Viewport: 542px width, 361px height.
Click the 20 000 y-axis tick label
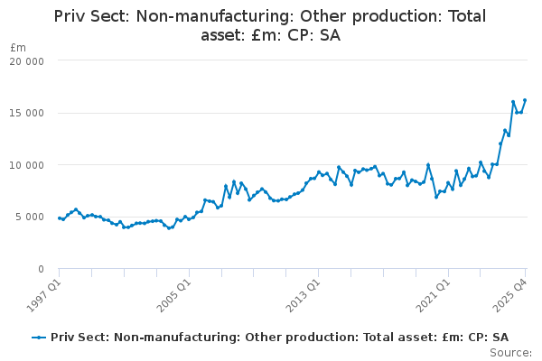(x=26, y=61)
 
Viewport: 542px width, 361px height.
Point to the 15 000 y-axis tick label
(x=26, y=114)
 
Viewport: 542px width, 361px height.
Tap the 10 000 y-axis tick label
(x=26, y=165)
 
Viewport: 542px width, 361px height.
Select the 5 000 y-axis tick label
(x=30, y=217)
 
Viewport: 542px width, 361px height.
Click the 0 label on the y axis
(x=42, y=269)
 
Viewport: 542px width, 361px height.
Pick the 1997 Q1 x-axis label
(x=43, y=295)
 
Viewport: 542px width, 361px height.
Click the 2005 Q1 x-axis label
(x=173, y=295)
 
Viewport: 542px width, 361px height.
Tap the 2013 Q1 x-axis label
(x=304, y=295)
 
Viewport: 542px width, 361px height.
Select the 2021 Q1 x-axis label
(x=433, y=295)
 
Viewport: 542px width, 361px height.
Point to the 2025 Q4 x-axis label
(x=509, y=295)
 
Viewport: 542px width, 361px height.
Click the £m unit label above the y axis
(x=18, y=47)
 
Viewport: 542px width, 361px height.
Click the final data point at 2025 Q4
(x=525, y=100)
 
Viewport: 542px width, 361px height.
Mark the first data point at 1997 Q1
(x=60, y=218)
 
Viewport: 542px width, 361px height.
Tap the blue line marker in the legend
(x=39, y=338)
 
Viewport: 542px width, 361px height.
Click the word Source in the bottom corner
(x=510, y=353)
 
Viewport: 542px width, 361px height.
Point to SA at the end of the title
(x=330, y=35)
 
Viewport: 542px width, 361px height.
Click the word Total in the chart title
(x=467, y=16)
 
